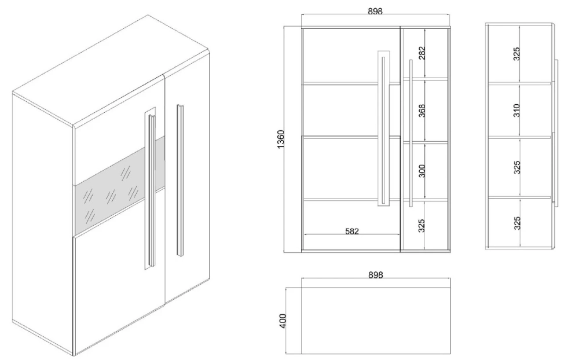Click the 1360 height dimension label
[281, 139]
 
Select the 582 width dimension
[352, 231]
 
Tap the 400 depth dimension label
[283, 321]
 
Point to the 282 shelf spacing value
[422, 53]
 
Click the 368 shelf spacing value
[422, 111]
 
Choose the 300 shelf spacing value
[422, 171]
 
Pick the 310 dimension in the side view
[516, 111]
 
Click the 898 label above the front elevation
[375, 12]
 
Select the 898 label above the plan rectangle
[376, 275]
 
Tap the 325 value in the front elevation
[422, 226]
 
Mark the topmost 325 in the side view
[516, 54]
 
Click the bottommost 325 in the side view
[516, 223]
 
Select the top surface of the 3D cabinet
[111, 70]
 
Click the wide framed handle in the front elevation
[384, 128]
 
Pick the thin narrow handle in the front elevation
[411, 133]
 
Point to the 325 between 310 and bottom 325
[516, 167]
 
